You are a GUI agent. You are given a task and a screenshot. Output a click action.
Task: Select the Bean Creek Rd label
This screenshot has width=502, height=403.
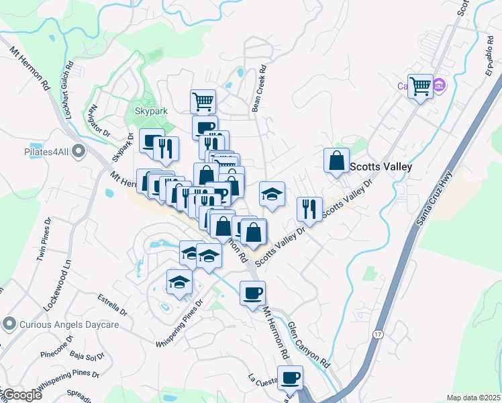pos(258,88)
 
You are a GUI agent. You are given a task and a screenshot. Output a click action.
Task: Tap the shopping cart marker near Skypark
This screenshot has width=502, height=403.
pos(203,101)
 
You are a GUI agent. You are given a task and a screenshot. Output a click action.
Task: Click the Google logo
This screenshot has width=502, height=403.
pos(22,395)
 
